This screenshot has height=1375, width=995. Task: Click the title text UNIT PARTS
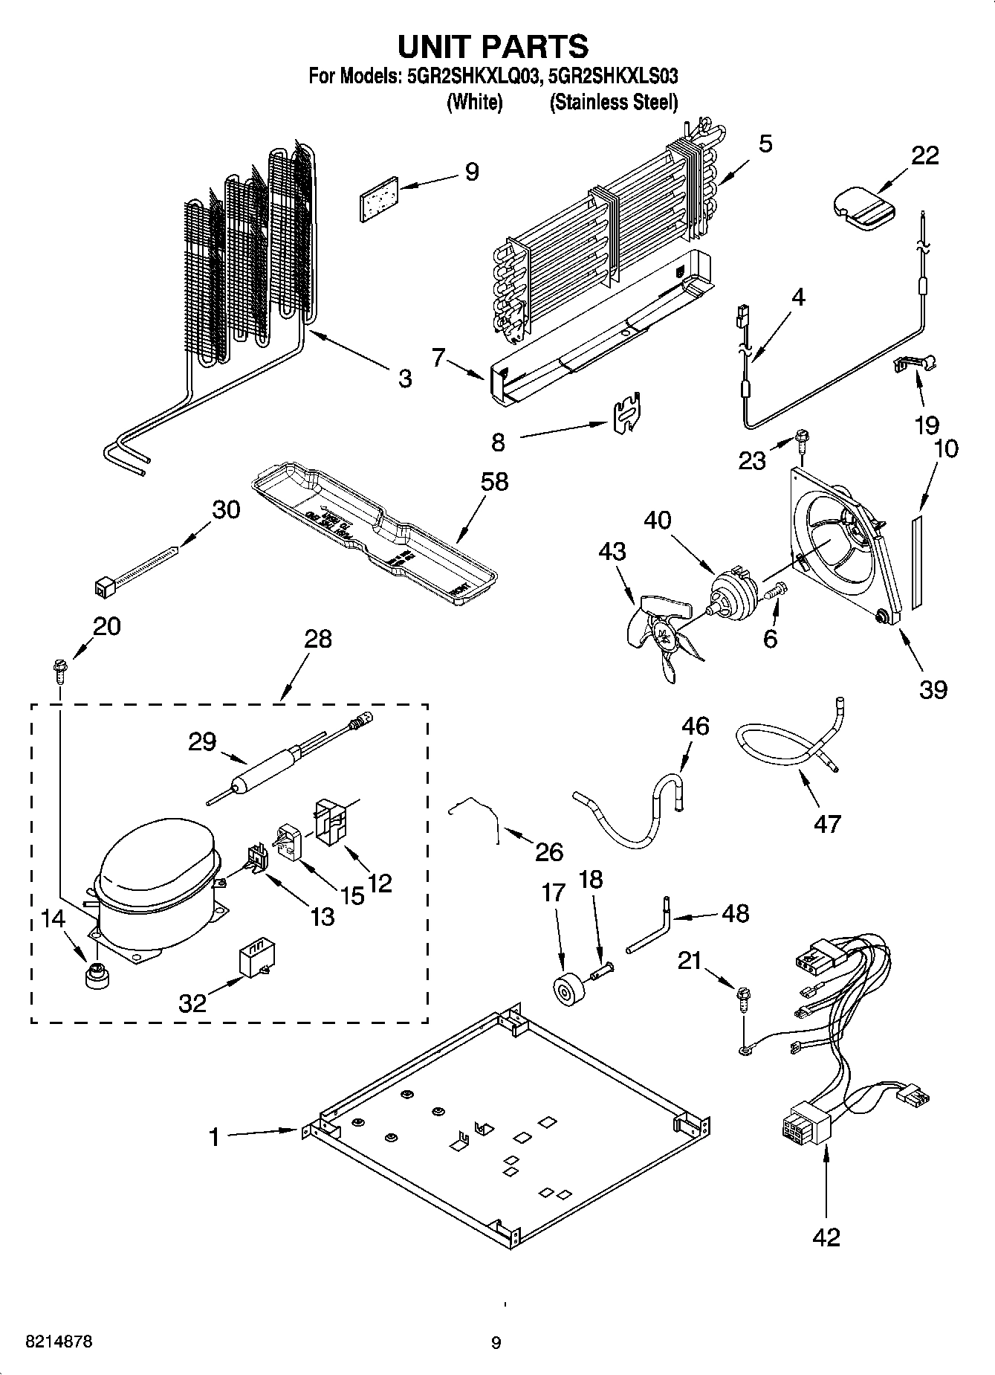(x=493, y=46)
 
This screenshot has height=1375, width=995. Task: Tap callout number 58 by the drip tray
(x=495, y=481)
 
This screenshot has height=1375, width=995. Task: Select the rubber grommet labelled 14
(x=96, y=976)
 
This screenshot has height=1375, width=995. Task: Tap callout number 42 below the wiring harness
(x=826, y=1237)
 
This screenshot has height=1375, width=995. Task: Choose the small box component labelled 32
(x=256, y=961)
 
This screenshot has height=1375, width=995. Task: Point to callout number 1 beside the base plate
(x=214, y=1137)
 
